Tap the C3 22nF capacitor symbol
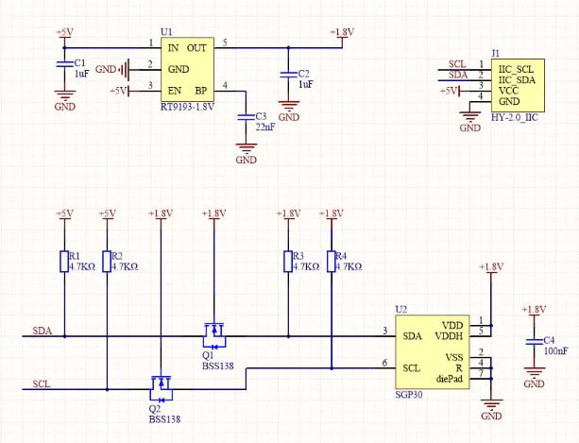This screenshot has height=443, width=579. (x=247, y=119)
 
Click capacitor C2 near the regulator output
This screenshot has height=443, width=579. (x=289, y=75)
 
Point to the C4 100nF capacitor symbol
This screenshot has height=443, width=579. (x=534, y=342)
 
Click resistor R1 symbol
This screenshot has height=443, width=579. (x=64, y=262)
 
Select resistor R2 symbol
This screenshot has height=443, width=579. (x=106, y=262)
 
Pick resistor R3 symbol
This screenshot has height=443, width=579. (x=289, y=262)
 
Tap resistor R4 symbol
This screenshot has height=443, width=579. (x=331, y=262)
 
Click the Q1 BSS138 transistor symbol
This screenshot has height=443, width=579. (x=215, y=332)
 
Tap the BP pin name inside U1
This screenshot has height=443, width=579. (x=200, y=91)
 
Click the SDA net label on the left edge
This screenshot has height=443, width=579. (x=43, y=331)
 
